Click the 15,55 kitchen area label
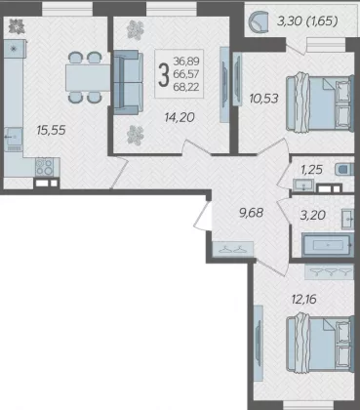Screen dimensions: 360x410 51,131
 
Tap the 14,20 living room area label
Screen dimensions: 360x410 180,117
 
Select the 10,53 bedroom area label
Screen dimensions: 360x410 263,98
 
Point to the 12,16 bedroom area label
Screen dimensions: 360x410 304,299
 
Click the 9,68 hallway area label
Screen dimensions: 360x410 251,213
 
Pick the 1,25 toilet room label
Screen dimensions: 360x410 311,170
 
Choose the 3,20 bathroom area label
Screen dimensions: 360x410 313,215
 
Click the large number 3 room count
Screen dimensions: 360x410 164,75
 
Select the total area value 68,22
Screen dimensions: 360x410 186,87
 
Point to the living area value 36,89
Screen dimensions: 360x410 186,61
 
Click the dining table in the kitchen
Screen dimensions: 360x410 89,77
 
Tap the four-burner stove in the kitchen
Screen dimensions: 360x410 44,167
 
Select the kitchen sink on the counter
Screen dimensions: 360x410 14,138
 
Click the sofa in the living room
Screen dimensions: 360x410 128,82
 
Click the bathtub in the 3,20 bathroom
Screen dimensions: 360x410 328,245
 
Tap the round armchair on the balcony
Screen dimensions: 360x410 259,21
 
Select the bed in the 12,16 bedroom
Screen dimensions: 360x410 320,342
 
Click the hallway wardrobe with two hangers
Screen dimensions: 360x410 233,250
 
